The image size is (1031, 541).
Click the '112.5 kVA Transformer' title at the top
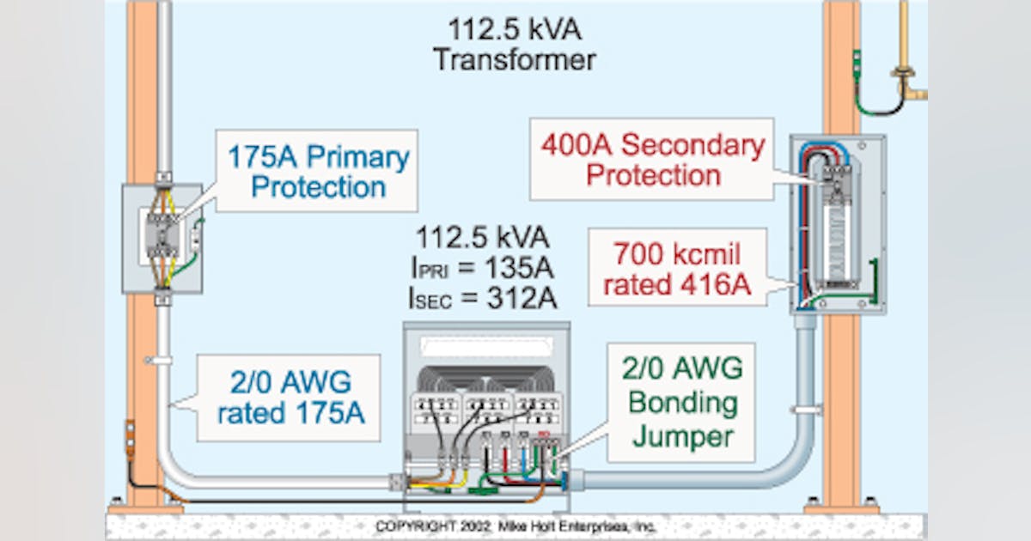(x=514, y=45)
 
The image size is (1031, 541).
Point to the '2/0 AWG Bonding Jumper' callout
(x=682, y=402)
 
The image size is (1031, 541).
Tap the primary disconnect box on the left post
(x=162, y=237)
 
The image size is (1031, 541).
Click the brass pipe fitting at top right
(x=906, y=82)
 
